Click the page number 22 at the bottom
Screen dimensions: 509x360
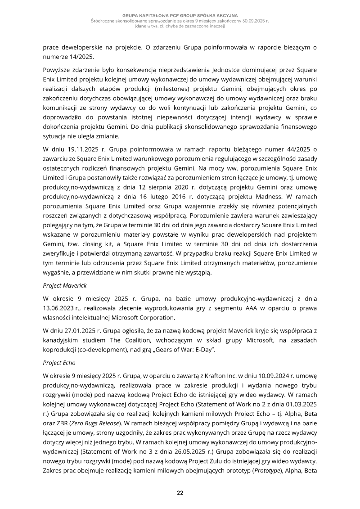pyautogui.click(x=180, y=493)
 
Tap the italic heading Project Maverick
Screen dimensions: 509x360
pyautogui.click(x=65, y=285)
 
